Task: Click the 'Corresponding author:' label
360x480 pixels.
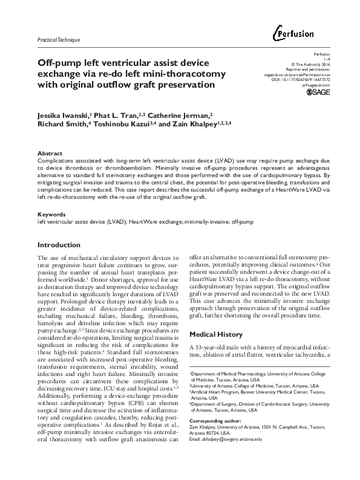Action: coord(216,419)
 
